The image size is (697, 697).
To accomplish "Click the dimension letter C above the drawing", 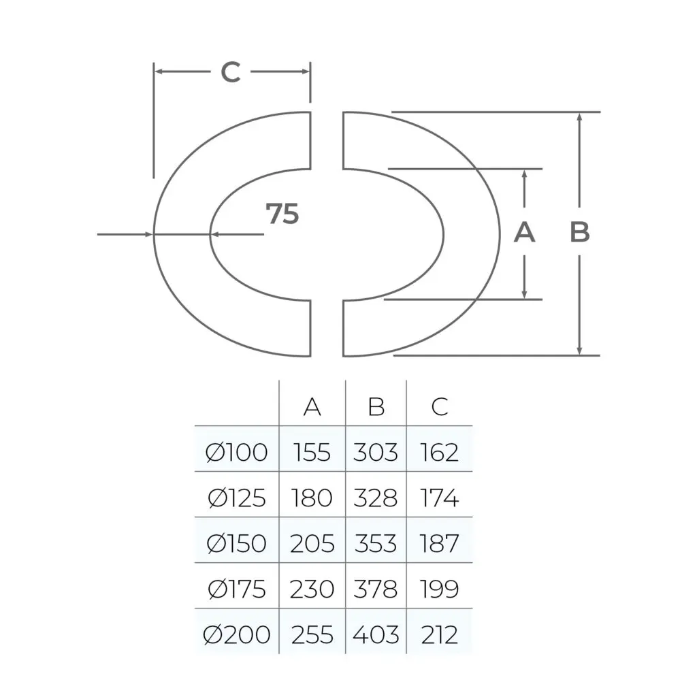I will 231,71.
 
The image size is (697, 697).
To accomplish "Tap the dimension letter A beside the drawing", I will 524,233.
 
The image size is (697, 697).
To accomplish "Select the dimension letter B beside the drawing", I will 580,233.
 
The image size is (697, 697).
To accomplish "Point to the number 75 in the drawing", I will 282,214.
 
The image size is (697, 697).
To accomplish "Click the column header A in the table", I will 312,407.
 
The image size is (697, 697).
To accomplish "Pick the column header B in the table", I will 376,407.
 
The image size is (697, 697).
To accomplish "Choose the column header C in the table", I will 440,407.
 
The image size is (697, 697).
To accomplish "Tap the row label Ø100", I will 237,453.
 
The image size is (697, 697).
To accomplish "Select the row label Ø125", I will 237,498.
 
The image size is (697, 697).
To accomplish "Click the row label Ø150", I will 237,544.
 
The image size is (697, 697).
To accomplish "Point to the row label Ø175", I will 237,589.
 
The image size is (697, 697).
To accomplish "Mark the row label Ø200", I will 237,635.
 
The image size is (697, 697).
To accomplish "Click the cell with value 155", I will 312,453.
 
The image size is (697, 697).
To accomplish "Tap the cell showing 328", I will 376,498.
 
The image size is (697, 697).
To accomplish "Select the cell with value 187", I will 440,544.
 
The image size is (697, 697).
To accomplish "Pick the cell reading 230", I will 312,589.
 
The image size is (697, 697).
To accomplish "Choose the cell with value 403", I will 376,635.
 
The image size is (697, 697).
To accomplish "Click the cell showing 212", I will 440,635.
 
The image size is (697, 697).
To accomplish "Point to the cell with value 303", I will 376,453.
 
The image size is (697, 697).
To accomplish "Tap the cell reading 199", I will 440,589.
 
